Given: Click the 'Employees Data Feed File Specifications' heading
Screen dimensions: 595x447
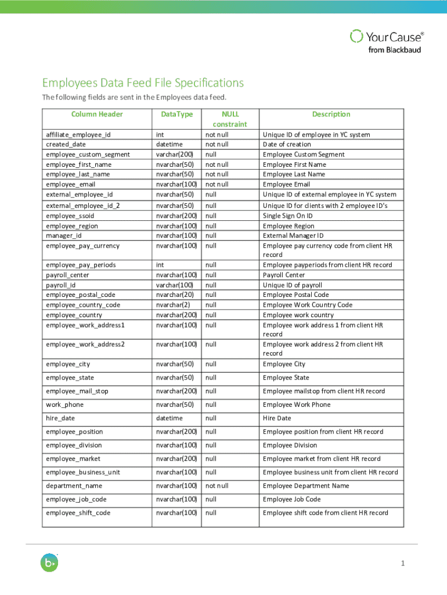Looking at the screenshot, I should [x=142, y=83].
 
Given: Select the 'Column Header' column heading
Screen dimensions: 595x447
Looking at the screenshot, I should [x=97, y=114].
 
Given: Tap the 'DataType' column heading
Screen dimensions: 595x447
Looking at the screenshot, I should [x=176, y=114].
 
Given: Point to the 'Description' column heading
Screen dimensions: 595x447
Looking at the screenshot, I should [x=331, y=114].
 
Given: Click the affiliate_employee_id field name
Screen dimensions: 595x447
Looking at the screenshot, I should [x=78, y=135].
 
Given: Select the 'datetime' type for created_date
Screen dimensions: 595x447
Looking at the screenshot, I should [x=170, y=145].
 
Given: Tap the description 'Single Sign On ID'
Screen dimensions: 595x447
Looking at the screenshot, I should [x=288, y=216].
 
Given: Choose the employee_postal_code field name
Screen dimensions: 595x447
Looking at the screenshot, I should [x=81, y=295].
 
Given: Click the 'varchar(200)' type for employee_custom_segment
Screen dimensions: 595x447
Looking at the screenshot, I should [x=175, y=155].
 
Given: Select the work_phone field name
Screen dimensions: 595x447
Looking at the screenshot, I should [x=64, y=404].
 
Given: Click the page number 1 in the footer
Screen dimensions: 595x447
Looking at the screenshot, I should [x=402, y=564].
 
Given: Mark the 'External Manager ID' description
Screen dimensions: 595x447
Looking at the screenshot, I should [x=293, y=235].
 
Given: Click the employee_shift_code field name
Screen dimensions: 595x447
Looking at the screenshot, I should [x=78, y=513].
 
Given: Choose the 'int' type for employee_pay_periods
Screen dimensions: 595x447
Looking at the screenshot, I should [x=160, y=265].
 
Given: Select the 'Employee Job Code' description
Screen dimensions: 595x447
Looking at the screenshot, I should [x=291, y=499].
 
